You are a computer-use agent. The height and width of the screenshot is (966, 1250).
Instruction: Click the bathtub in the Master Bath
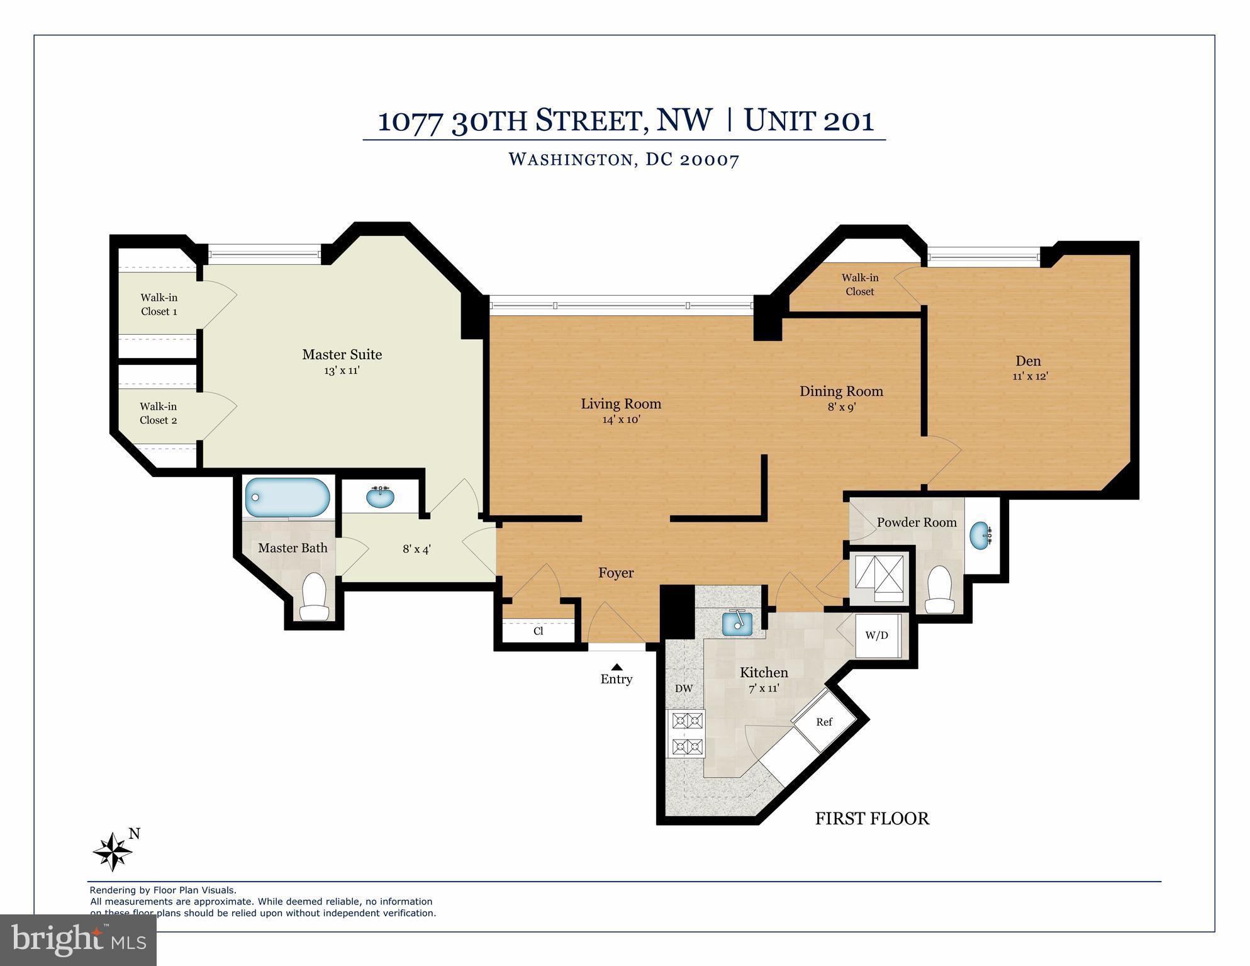click(x=287, y=497)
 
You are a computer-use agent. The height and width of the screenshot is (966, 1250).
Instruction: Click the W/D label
click(x=876, y=635)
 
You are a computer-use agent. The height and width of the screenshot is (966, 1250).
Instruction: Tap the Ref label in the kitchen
click(x=824, y=722)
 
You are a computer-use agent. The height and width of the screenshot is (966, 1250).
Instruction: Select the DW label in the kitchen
click(x=684, y=688)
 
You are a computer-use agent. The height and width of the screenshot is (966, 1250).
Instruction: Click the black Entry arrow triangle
click(x=617, y=667)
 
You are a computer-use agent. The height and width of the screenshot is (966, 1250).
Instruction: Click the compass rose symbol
click(x=113, y=852)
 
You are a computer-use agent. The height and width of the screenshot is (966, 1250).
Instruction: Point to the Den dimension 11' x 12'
click(x=1030, y=376)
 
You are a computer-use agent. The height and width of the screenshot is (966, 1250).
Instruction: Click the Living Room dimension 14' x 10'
click(x=621, y=419)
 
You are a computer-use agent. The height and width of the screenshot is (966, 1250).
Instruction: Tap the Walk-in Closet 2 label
click(x=159, y=413)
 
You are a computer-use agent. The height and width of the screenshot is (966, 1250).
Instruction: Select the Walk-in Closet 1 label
click(x=159, y=305)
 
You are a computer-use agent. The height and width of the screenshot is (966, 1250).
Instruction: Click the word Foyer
click(x=616, y=573)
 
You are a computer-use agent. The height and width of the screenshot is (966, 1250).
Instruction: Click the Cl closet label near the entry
click(x=538, y=631)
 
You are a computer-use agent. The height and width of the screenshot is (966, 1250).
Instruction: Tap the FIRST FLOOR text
click(x=872, y=818)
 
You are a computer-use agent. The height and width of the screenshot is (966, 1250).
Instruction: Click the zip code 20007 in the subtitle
click(x=709, y=159)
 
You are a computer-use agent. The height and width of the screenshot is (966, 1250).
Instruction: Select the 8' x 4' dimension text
click(x=416, y=549)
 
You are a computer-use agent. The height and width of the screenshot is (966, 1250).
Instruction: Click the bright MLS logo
click(x=78, y=940)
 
